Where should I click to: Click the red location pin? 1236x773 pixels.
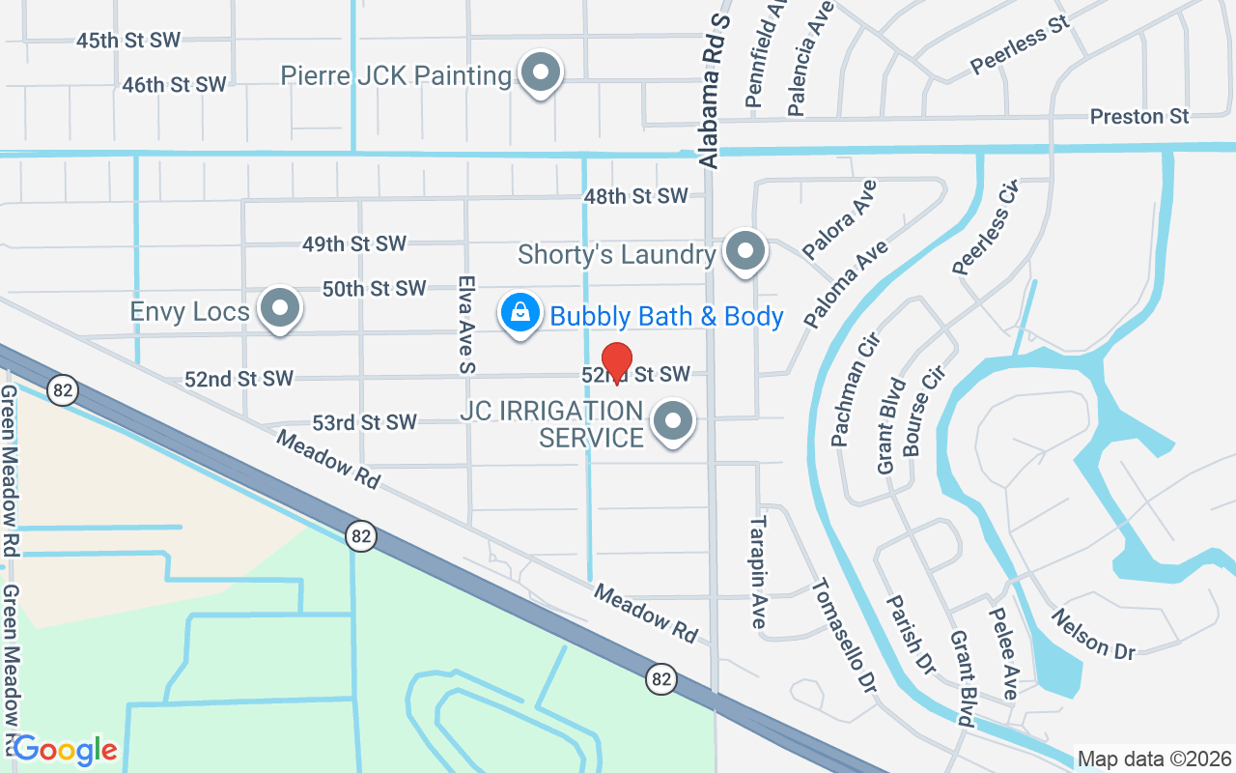(617, 361)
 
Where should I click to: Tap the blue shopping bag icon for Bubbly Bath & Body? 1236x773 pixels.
(520, 312)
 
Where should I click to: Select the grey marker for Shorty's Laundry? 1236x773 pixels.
(744, 252)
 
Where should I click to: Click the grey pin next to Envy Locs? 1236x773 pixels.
(281, 309)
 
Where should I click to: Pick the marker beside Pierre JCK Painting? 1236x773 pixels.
(541, 73)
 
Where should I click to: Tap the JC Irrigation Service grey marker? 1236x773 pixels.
(673, 422)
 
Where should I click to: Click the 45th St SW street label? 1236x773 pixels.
(128, 40)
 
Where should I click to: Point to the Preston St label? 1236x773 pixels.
(1139, 117)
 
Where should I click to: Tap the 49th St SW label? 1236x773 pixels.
(354, 244)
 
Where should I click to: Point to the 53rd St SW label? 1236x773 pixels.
(364, 422)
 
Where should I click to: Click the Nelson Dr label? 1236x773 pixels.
(1093, 634)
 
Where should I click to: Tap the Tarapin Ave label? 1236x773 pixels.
(758, 571)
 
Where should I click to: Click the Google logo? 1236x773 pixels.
(65, 749)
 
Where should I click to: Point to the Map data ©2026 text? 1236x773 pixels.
(1155, 759)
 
